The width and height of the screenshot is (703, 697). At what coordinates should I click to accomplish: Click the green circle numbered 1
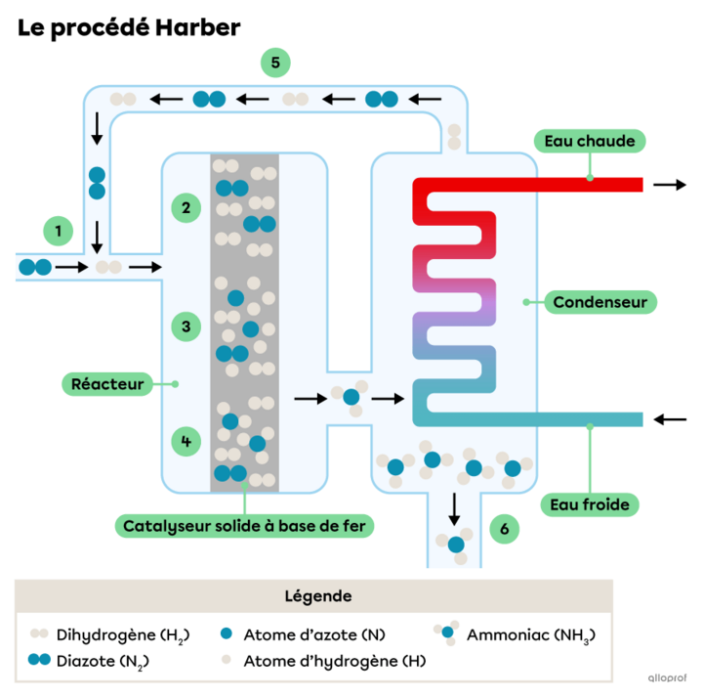tap(59, 232)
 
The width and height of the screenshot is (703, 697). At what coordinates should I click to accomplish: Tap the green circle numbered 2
tap(186, 207)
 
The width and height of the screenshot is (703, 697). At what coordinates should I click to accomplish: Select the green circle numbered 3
tap(186, 325)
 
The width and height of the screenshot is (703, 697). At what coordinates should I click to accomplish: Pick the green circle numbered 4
tap(186, 442)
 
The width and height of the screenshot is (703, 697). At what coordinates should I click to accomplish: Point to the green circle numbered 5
tap(275, 64)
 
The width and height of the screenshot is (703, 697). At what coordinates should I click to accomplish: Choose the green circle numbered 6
tap(504, 530)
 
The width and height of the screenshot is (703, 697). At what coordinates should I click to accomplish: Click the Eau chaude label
tap(590, 141)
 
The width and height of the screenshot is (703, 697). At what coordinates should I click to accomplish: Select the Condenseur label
tap(600, 302)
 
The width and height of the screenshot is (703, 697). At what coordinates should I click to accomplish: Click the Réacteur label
tap(107, 384)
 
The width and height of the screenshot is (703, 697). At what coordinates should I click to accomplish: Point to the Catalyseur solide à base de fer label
tap(249, 526)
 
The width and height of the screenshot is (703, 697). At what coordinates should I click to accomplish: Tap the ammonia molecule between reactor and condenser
tap(351, 399)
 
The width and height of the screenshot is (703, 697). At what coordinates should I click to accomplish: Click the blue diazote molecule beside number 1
tap(34, 266)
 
